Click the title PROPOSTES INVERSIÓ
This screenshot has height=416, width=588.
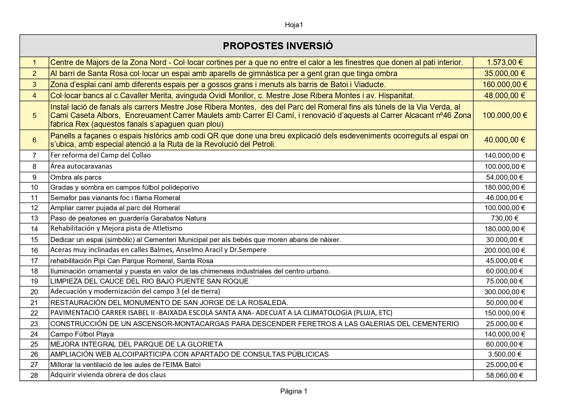pyautogui.click(x=278, y=46)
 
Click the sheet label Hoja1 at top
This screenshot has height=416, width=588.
pyautogui.click(x=294, y=25)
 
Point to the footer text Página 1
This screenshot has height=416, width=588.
pyautogui.click(x=294, y=391)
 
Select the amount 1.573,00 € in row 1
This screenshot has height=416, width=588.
pyautogui.click(x=505, y=62)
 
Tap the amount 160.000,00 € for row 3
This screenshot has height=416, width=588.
pyautogui.click(x=505, y=84)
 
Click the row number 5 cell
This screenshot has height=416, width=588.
pyautogui.click(x=34, y=116)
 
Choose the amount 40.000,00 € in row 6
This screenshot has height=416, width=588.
pyautogui.click(x=505, y=140)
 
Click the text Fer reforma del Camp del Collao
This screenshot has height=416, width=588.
pyautogui.click(x=101, y=155)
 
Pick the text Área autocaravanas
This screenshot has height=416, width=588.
pyautogui.click(x=81, y=166)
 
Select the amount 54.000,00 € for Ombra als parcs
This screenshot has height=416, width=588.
pyautogui.click(x=505, y=177)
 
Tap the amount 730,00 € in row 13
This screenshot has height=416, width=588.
pyautogui.click(x=505, y=218)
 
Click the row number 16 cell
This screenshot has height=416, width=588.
pyautogui.click(x=34, y=250)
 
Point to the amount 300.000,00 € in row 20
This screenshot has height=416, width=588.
pyautogui.click(x=505, y=292)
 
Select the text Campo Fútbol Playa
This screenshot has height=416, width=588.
pyautogui.click(x=82, y=334)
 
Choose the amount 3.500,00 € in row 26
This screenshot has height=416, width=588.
pyautogui.click(x=505, y=354)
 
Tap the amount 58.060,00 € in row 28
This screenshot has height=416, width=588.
pyautogui.click(x=505, y=375)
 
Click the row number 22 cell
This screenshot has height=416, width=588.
pyautogui.click(x=34, y=313)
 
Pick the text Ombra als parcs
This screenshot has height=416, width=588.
pyautogui.click(x=76, y=177)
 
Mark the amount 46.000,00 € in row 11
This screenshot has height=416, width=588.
pyautogui.click(x=505, y=198)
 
